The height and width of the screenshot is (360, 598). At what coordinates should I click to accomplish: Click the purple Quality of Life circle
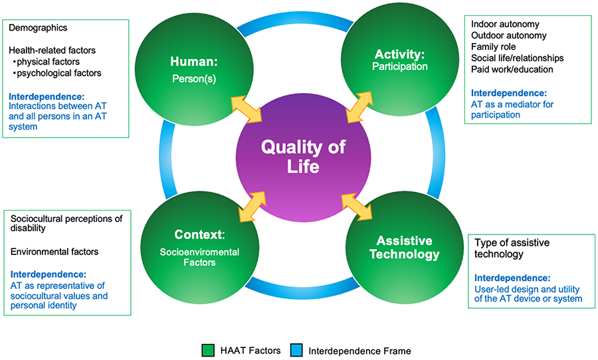click(x=300, y=157)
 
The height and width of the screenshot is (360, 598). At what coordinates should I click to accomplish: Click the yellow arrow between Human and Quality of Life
click(x=245, y=106)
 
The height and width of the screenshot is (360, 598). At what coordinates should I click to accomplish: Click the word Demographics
click(x=38, y=28)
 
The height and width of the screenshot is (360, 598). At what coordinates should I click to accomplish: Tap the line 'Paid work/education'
click(x=512, y=70)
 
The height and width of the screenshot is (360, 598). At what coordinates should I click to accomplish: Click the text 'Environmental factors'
click(x=54, y=252)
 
